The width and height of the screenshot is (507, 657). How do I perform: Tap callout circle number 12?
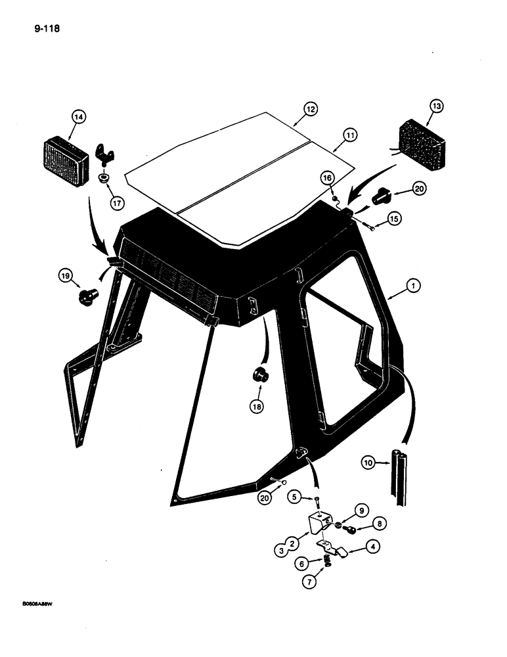310,108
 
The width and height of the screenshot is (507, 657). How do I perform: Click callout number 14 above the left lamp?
79,118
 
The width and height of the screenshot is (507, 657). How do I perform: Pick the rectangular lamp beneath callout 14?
65,161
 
